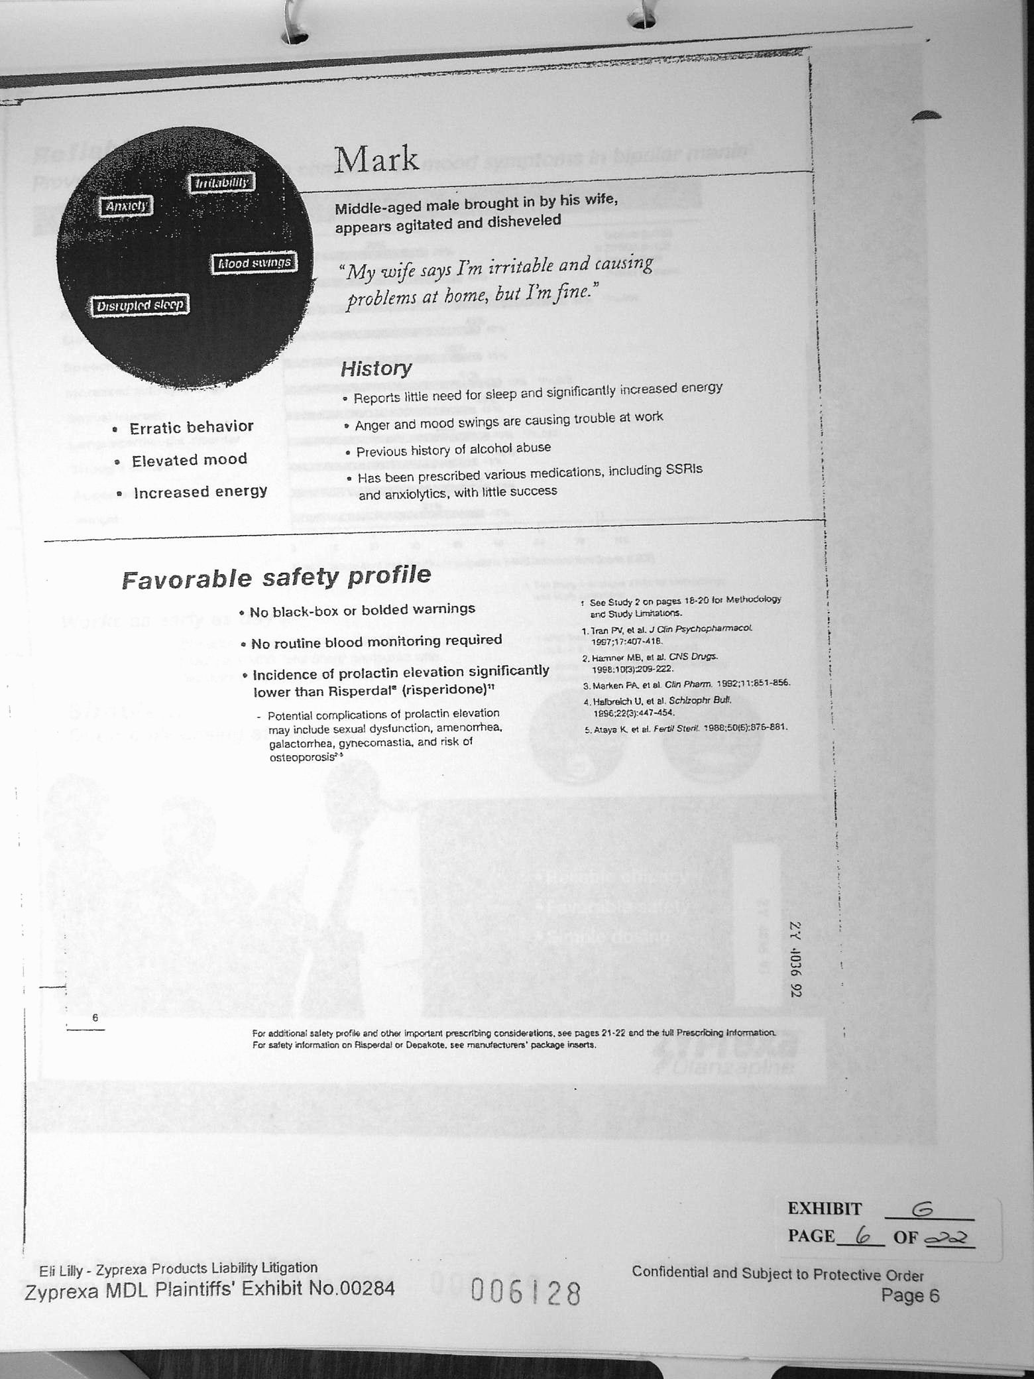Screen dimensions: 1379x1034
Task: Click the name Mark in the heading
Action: [376, 160]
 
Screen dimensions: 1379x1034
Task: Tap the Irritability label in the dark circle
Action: [221, 183]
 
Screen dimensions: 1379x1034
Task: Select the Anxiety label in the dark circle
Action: [126, 206]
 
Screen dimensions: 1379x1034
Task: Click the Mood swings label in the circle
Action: [254, 263]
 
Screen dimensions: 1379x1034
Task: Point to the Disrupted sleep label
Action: [139, 306]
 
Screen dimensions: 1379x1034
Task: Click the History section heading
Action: [376, 369]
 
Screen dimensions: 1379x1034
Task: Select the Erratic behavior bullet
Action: [191, 427]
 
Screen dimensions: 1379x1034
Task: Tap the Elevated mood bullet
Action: [189, 460]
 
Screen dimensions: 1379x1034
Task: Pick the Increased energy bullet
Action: [200, 492]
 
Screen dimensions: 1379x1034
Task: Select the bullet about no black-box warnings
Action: [362, 609]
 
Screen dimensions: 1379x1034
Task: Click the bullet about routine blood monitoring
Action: [376, 641]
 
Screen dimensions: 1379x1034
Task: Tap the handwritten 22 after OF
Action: [948, 1237]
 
